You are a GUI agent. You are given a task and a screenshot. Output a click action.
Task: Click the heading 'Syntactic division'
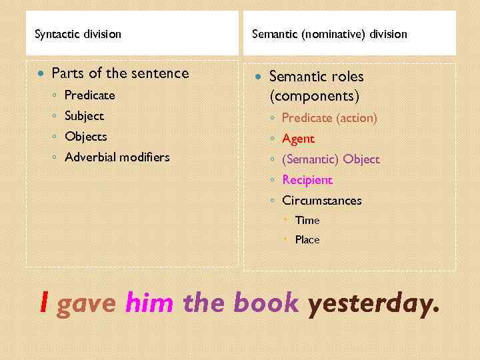pos(78,34)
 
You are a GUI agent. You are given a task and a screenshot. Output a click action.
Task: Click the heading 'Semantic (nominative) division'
pos(329,34)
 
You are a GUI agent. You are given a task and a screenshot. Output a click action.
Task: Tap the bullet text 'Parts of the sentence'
pos(120,73)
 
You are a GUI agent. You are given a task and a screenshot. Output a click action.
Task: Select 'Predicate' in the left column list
pos(89,95)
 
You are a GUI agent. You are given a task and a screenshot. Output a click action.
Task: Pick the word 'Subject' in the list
pos(84,116)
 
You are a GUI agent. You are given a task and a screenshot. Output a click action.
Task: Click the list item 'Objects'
pos(85,137)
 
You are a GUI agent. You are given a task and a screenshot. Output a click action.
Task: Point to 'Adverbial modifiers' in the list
pos(117,157)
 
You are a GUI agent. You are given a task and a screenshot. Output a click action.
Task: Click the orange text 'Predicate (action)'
pos(329,118)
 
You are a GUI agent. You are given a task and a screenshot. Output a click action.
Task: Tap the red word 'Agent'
pos(298,139)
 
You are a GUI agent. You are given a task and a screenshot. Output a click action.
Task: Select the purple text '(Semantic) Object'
pos(331,159)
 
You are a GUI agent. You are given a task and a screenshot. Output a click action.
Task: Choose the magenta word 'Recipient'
pos(307,180)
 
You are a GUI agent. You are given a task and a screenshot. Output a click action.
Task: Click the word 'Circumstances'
pos(322,201)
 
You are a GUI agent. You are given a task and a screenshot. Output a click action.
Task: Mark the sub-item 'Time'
pos(307,220)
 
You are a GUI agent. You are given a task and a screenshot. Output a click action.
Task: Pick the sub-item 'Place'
pos(307,239)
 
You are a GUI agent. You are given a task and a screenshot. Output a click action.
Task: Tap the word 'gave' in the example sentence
pos(87,303)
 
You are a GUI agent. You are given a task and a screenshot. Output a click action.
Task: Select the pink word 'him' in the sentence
pos(149,303)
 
